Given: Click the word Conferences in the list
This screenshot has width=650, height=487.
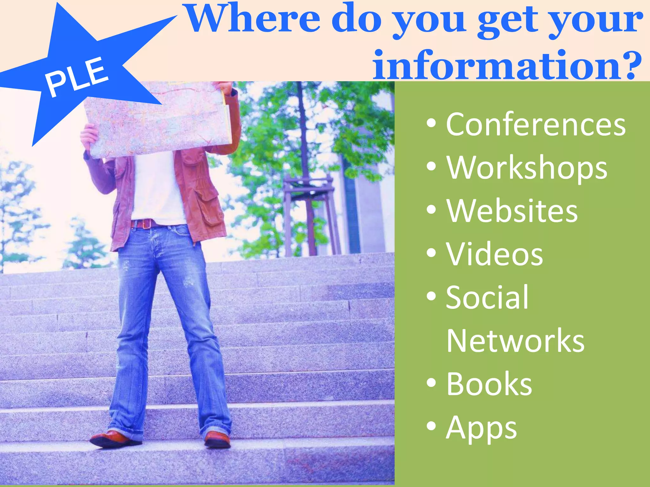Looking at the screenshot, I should point(536,125).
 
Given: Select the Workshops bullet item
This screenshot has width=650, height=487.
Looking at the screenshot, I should point(527,168).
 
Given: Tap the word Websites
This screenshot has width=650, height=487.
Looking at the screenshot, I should point(512,211).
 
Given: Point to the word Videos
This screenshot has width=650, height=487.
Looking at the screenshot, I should point(494,254).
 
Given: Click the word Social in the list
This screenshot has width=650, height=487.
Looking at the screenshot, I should point(487,297).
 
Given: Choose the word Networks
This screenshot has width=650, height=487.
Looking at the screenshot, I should point(515,341).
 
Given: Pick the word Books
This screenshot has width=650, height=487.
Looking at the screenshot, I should point(489,384).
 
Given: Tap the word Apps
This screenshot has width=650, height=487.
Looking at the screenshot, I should point(481,428).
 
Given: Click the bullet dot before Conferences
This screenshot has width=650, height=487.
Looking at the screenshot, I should point(431,123).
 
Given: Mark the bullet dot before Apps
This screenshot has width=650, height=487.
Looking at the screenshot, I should point(431,426).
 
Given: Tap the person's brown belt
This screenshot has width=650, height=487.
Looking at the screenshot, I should point(146,224).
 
